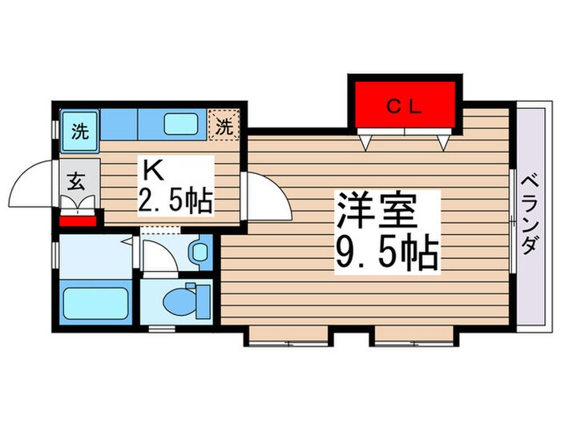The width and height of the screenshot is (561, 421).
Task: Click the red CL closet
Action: coord(405,104)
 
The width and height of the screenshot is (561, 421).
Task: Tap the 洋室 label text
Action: coord(376,213)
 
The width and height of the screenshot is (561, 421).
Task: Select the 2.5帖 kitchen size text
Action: coord(176,200)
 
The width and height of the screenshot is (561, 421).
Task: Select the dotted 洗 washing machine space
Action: coord(225,125)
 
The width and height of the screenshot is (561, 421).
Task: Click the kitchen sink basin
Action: coord(182,123)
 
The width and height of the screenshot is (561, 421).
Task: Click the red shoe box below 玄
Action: coord(79,218)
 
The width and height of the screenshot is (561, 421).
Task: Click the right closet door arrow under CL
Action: coord(443,143)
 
